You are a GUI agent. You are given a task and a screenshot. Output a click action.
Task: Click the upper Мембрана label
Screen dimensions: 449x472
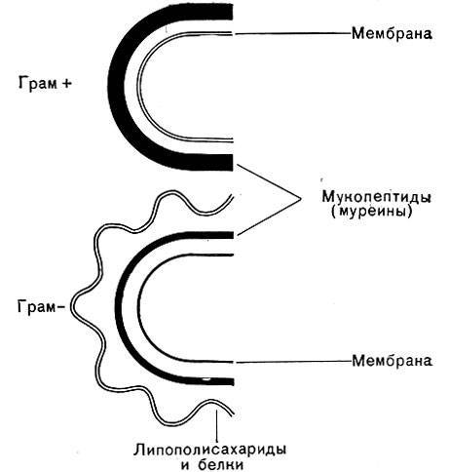pos(392,33)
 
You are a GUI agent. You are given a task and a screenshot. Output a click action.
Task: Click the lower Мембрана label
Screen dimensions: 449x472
pos(392,361)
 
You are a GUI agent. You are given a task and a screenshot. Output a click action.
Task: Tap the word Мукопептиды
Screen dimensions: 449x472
pos(377,197)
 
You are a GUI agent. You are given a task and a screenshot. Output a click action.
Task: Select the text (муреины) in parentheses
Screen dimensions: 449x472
pos(372,212)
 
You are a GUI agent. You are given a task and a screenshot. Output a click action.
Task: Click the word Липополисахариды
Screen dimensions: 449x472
pos(210,450)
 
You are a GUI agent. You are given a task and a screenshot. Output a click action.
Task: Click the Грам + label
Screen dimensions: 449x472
pos(45,84)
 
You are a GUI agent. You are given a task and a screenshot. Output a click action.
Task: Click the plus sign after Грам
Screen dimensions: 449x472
pos(66,84)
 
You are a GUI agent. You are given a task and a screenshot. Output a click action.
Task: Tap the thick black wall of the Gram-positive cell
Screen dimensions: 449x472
pos(116,87)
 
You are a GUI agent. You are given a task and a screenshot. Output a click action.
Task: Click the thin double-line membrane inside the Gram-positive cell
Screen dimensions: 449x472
pos(138,87)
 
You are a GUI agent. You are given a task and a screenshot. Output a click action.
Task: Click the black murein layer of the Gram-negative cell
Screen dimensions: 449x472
pos(120,307)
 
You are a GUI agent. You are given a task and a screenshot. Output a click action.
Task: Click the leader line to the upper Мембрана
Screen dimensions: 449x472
pos(293,33)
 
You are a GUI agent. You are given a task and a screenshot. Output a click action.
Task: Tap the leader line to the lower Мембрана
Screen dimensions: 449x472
pos(293,362)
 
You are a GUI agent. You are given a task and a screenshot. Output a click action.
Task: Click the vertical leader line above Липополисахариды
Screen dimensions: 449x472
pos(216,425)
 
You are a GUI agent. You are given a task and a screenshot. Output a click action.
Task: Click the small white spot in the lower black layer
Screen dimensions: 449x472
pos(206,379)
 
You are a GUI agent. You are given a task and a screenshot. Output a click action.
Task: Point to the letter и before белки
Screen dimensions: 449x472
pos(186,465)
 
